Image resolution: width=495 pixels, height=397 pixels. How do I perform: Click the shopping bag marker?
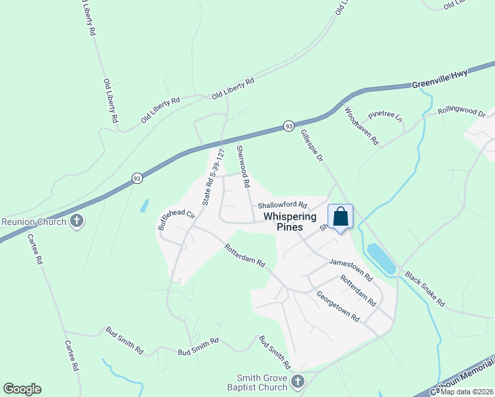click(x=341, y=217)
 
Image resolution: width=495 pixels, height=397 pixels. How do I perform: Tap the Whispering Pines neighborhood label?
click(x=290, y=221)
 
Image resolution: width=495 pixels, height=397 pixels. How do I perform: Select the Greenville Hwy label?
click(x=439, y=79)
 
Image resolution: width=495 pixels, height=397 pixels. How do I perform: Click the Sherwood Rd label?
click(x=243, y=165)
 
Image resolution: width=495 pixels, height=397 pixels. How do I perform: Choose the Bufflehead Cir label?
click(x=175, y=220)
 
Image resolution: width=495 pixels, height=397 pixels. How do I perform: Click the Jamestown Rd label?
click(x=351, y=267)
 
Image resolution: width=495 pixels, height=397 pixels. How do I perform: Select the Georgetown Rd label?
click(x=337, y=306)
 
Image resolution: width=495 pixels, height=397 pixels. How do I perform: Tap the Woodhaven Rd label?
click(x=361, y=126)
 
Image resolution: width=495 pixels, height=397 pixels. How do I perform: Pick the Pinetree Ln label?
click(x=386, y=116)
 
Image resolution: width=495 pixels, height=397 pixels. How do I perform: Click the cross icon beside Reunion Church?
click(x=77, y=221)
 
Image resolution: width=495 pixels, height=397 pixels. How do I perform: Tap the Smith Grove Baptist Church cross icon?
click(x=298, y=381)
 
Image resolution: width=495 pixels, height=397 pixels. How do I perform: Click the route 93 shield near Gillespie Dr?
click(x=289, y=126)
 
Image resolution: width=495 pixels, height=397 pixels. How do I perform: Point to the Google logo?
click(x=22, y=389)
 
